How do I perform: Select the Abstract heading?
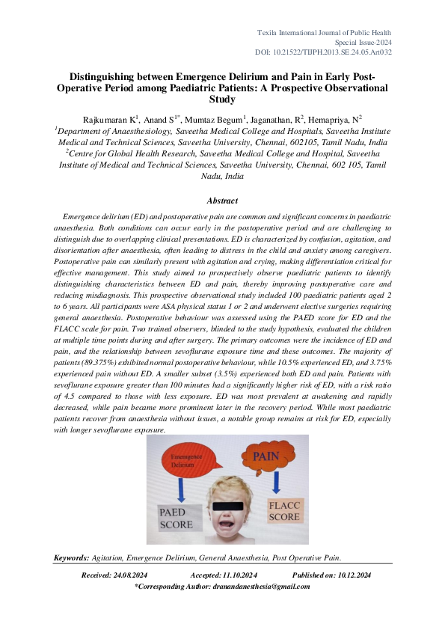coord(222,201)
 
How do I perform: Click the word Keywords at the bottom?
coord(72,558)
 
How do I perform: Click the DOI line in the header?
coord(335,52)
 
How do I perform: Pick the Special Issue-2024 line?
coord(366,43)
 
